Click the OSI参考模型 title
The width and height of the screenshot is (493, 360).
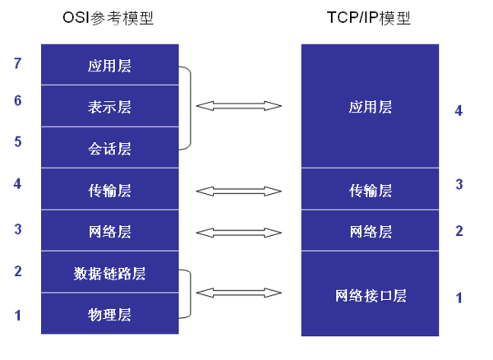point(110,18)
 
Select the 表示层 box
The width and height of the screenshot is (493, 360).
point(110,107)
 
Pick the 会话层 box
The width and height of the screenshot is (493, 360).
point(110,149)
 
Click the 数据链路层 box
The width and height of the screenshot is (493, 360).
point(110,273)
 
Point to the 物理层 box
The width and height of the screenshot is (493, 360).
point(110,315)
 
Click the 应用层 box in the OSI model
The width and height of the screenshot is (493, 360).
point(110,66)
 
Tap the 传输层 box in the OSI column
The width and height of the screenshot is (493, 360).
point(110,190)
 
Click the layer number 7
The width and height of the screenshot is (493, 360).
point(18,62)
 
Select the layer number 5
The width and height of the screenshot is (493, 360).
point(18,141)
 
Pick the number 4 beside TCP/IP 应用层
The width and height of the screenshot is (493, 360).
point(458,110)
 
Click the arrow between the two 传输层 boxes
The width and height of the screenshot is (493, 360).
point(239,191)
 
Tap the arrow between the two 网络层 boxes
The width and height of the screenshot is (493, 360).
point(239,232)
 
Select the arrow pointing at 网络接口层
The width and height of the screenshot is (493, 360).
point(239,292)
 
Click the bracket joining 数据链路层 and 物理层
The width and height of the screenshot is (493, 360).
point(190,293)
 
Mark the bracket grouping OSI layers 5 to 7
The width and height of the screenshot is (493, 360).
point(190,107)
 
